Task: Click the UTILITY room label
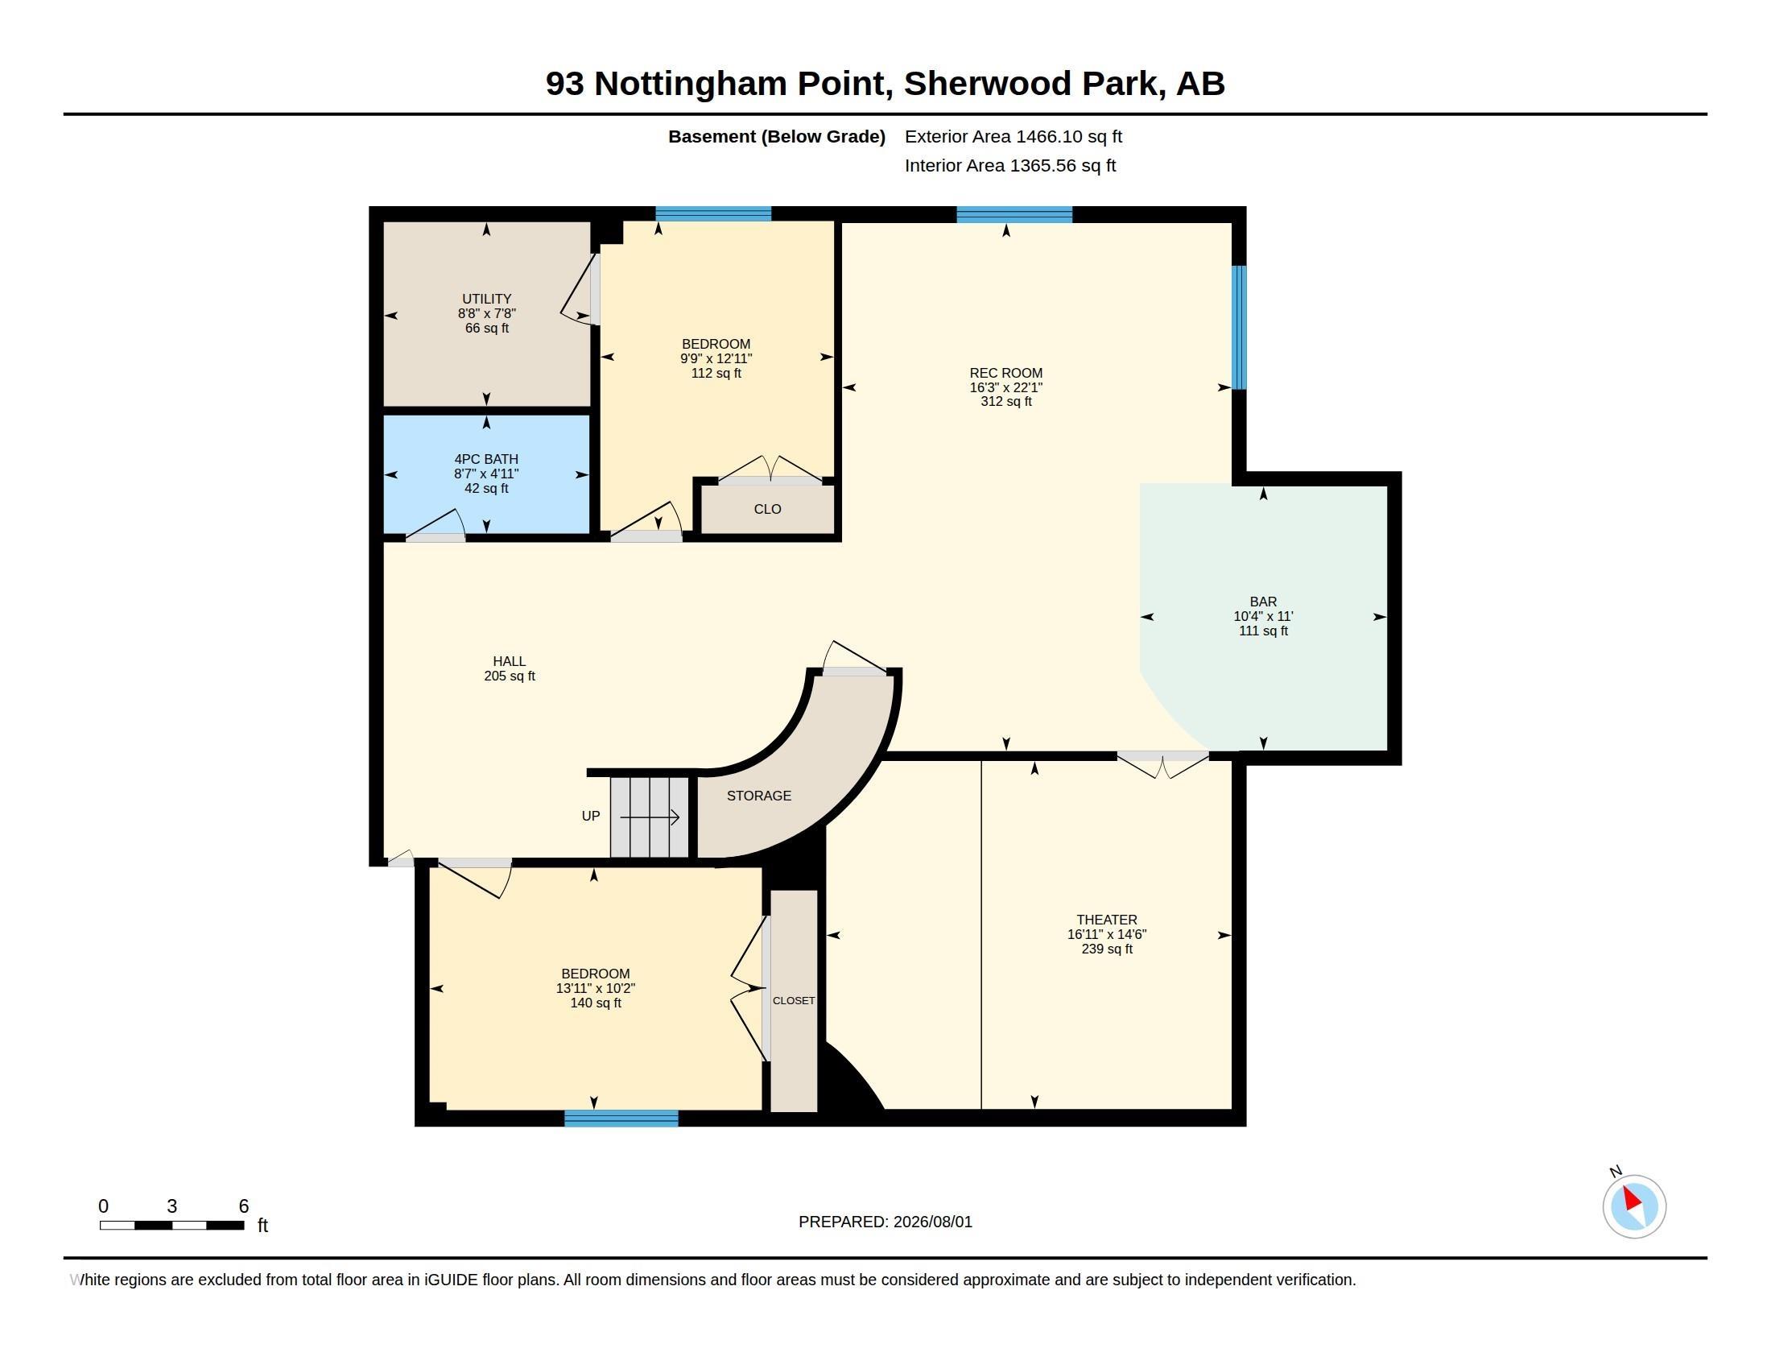pyautogui.click(x=486, y=299)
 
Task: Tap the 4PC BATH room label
pyautogui.click(x=485, y=459)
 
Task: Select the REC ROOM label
pyautogui.click(x=1005, y=373)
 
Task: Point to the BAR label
pyautogui.click(x=1262, y=602)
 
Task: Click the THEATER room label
pyautogui.click(x=1106, y=920)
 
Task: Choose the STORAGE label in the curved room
pyautogui.click(x=758, y=796)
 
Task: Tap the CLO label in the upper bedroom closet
pyautogui.click(x=767, y=509)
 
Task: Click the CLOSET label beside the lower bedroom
pyautogui.click(x=793, y=1001)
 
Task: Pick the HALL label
pyautogui.click(x=510, y=661)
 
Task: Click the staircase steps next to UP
pyautogui.click(x=650, y=817)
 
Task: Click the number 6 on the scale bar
pyautogui.click(x=243, y=1206)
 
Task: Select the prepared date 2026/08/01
pyautogui.click(x=932, y=1222)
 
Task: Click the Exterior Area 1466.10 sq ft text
pyautogui.click(x=1013, y=136)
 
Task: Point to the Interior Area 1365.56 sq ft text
pyautogui.click(x=1009, y=165)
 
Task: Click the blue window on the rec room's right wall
pyautogui.click(x=1239, y=328)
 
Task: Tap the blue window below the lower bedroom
pyautogui.click(x=621, y=1119)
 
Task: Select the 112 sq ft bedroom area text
pyautogui.click(x=716, y=373)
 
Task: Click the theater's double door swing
pyautogui.click(x=1163, y=765)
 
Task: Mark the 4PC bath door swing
pyautogui.click(x=436, y=524)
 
